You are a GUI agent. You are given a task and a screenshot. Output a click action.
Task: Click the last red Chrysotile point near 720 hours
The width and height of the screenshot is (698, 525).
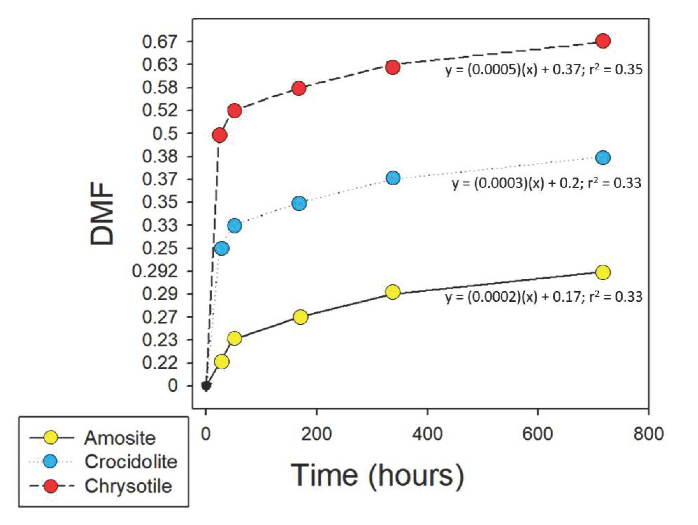[603, 41]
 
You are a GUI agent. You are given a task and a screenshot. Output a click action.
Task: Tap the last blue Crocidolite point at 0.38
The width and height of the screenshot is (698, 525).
[603, 158]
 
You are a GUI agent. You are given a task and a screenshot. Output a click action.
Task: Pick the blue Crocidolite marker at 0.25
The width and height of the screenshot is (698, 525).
[222, 248]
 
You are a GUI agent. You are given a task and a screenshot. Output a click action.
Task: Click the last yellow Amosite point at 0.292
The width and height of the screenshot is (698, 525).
[603, 272]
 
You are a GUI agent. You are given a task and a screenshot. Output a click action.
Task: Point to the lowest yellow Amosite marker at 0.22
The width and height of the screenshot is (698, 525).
[222, 362]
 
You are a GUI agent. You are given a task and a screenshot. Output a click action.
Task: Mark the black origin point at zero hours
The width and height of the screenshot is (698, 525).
[206, 386]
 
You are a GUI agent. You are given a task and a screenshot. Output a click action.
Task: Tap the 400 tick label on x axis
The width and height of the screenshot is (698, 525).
[427, 434]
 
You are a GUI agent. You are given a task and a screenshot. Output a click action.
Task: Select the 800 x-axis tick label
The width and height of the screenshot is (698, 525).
[648, 434]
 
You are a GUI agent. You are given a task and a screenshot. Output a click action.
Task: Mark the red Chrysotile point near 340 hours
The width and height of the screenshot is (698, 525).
[393, 67]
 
